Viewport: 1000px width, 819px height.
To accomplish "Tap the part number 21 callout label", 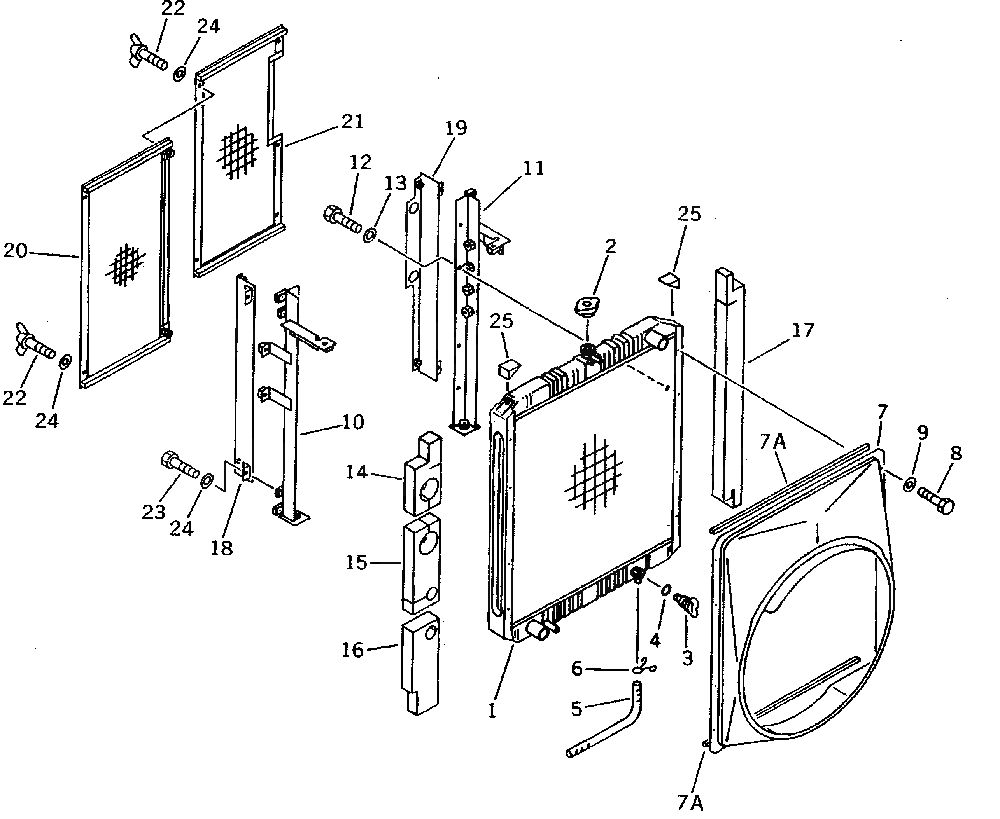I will click(x=352, y=122).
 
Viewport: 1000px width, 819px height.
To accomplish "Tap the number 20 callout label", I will click(x=16, y=250).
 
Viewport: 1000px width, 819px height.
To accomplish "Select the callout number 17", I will click(x=803, y=331).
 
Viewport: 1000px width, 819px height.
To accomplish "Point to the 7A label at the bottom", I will click(x=690, y=802).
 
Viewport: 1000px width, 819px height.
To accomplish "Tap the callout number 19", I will click(x=455, y=128).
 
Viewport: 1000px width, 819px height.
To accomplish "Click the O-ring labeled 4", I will click(x=666, y=590).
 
